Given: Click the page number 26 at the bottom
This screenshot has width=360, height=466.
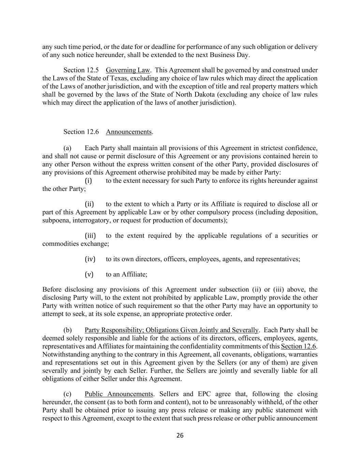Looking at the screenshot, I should (x=180, y=435).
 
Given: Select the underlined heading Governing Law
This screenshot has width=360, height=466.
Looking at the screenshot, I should (x=128, y=70).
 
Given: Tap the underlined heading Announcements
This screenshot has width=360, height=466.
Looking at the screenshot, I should (x=129, y=132).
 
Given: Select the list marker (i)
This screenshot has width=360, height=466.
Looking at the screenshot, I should (x=88, y=181).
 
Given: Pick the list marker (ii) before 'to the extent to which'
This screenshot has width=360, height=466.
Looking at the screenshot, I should (x=89, y=204).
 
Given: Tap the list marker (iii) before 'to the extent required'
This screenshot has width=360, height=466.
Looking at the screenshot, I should (x=90, y=236).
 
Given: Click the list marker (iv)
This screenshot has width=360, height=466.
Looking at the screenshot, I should (x=90, y=259).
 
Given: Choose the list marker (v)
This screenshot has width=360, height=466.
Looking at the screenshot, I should (x=89, y=274).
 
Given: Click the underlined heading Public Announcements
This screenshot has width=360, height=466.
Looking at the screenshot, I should (x=119, y=394).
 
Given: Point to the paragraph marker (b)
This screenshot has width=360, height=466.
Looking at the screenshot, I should (x=67, y=330).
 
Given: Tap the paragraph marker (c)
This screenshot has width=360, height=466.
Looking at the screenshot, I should (x=67, y=394).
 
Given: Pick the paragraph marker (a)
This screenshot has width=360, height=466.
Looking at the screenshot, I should (x=67, y=148).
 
